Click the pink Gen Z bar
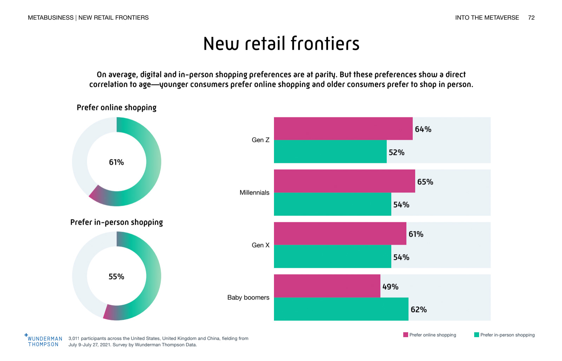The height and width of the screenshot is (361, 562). (x=343, y=129)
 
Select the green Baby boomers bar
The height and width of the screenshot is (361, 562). (x=341, y=309)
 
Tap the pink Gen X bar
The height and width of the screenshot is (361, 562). (x=340, y=234)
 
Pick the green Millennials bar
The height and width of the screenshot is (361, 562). (x=332, y=204)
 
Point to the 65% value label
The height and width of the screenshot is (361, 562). (x=425, y=182)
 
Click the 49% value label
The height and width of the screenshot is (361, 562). (x=390, y=287)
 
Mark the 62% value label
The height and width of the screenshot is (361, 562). (x=419, y=310)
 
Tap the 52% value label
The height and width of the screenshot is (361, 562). (x=397, y=152)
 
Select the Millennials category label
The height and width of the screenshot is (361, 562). (x=254, y=193)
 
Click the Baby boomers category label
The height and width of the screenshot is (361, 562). (x=248, y=297)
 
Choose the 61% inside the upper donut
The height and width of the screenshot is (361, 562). (x=116, y=162)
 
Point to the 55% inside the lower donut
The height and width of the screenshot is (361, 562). (x=116, y=277)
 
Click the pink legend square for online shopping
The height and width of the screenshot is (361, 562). (x=406, y=335)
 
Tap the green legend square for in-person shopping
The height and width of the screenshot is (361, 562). (x=477, y=335)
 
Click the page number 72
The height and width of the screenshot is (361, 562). (x=531, y=18)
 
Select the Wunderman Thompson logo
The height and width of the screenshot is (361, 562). (x=44, y=341)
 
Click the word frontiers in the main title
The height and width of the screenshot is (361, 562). (x=325, y=44)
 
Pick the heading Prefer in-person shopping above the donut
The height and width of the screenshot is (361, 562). (x=117, y=222)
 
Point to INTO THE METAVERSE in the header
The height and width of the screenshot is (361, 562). (x=487, y=18)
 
